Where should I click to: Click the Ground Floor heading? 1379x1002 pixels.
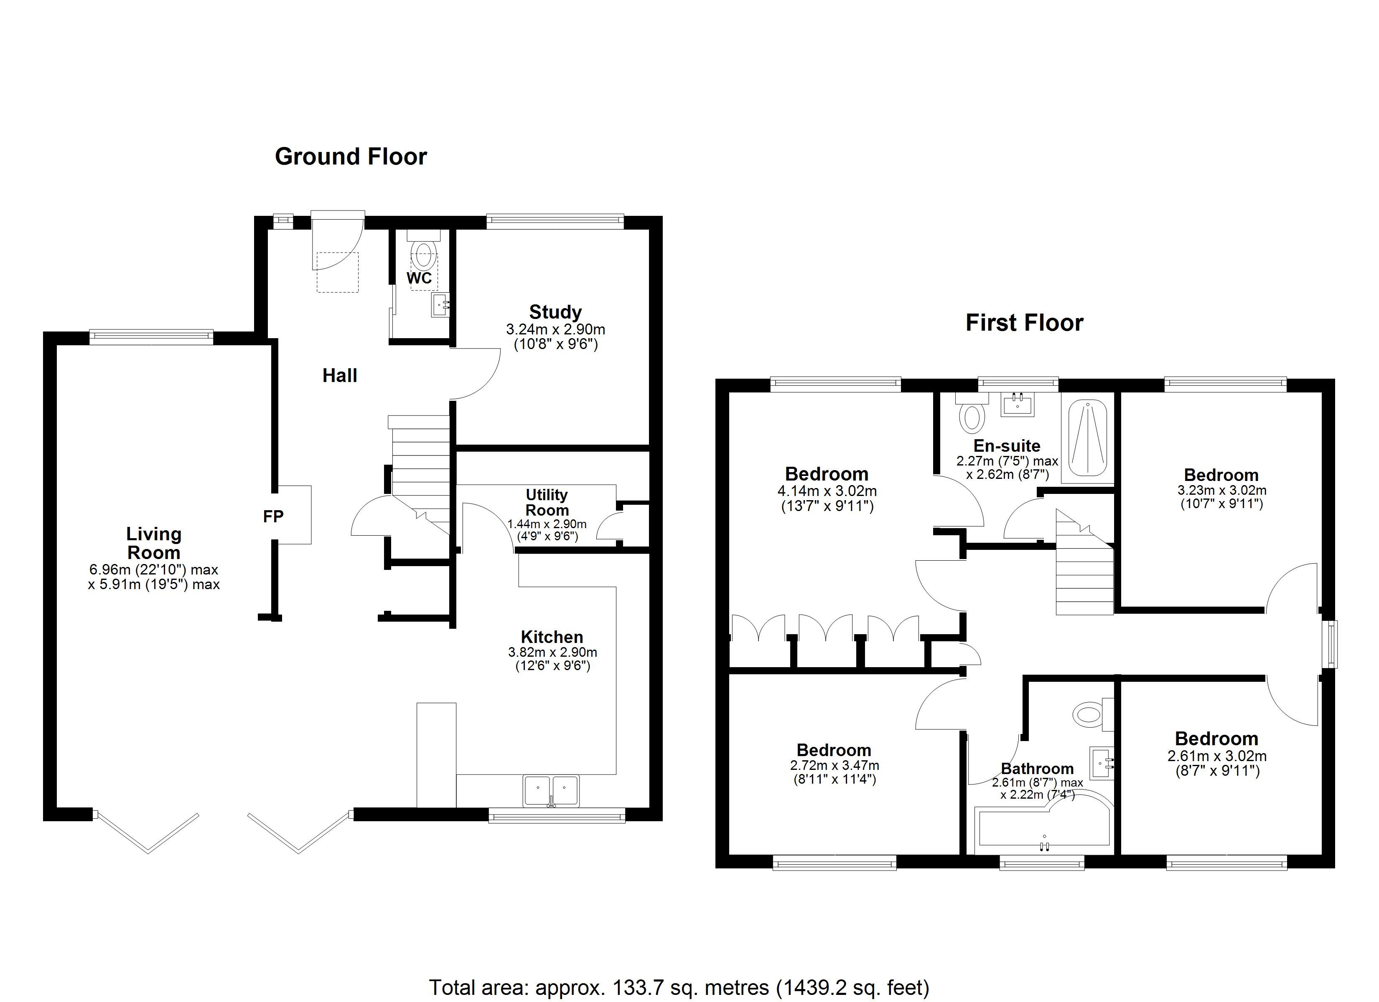pos(351,157)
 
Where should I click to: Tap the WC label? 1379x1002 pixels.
pos(419,278)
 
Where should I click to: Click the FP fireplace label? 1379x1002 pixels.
pos(273,516)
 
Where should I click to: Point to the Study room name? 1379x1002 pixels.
pos(555,312)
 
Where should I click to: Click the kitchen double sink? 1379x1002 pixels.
pos(551,790)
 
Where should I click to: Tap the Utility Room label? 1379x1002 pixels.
pos(547,503)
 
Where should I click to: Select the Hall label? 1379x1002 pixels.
pos(339,375)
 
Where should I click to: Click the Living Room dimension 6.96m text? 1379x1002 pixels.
pos(153,570)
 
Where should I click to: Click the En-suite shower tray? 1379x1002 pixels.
pos(1087,438)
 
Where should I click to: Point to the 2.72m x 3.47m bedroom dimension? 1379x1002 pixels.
pos(834,766)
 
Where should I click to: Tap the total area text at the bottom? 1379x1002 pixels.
pos(679,987)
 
